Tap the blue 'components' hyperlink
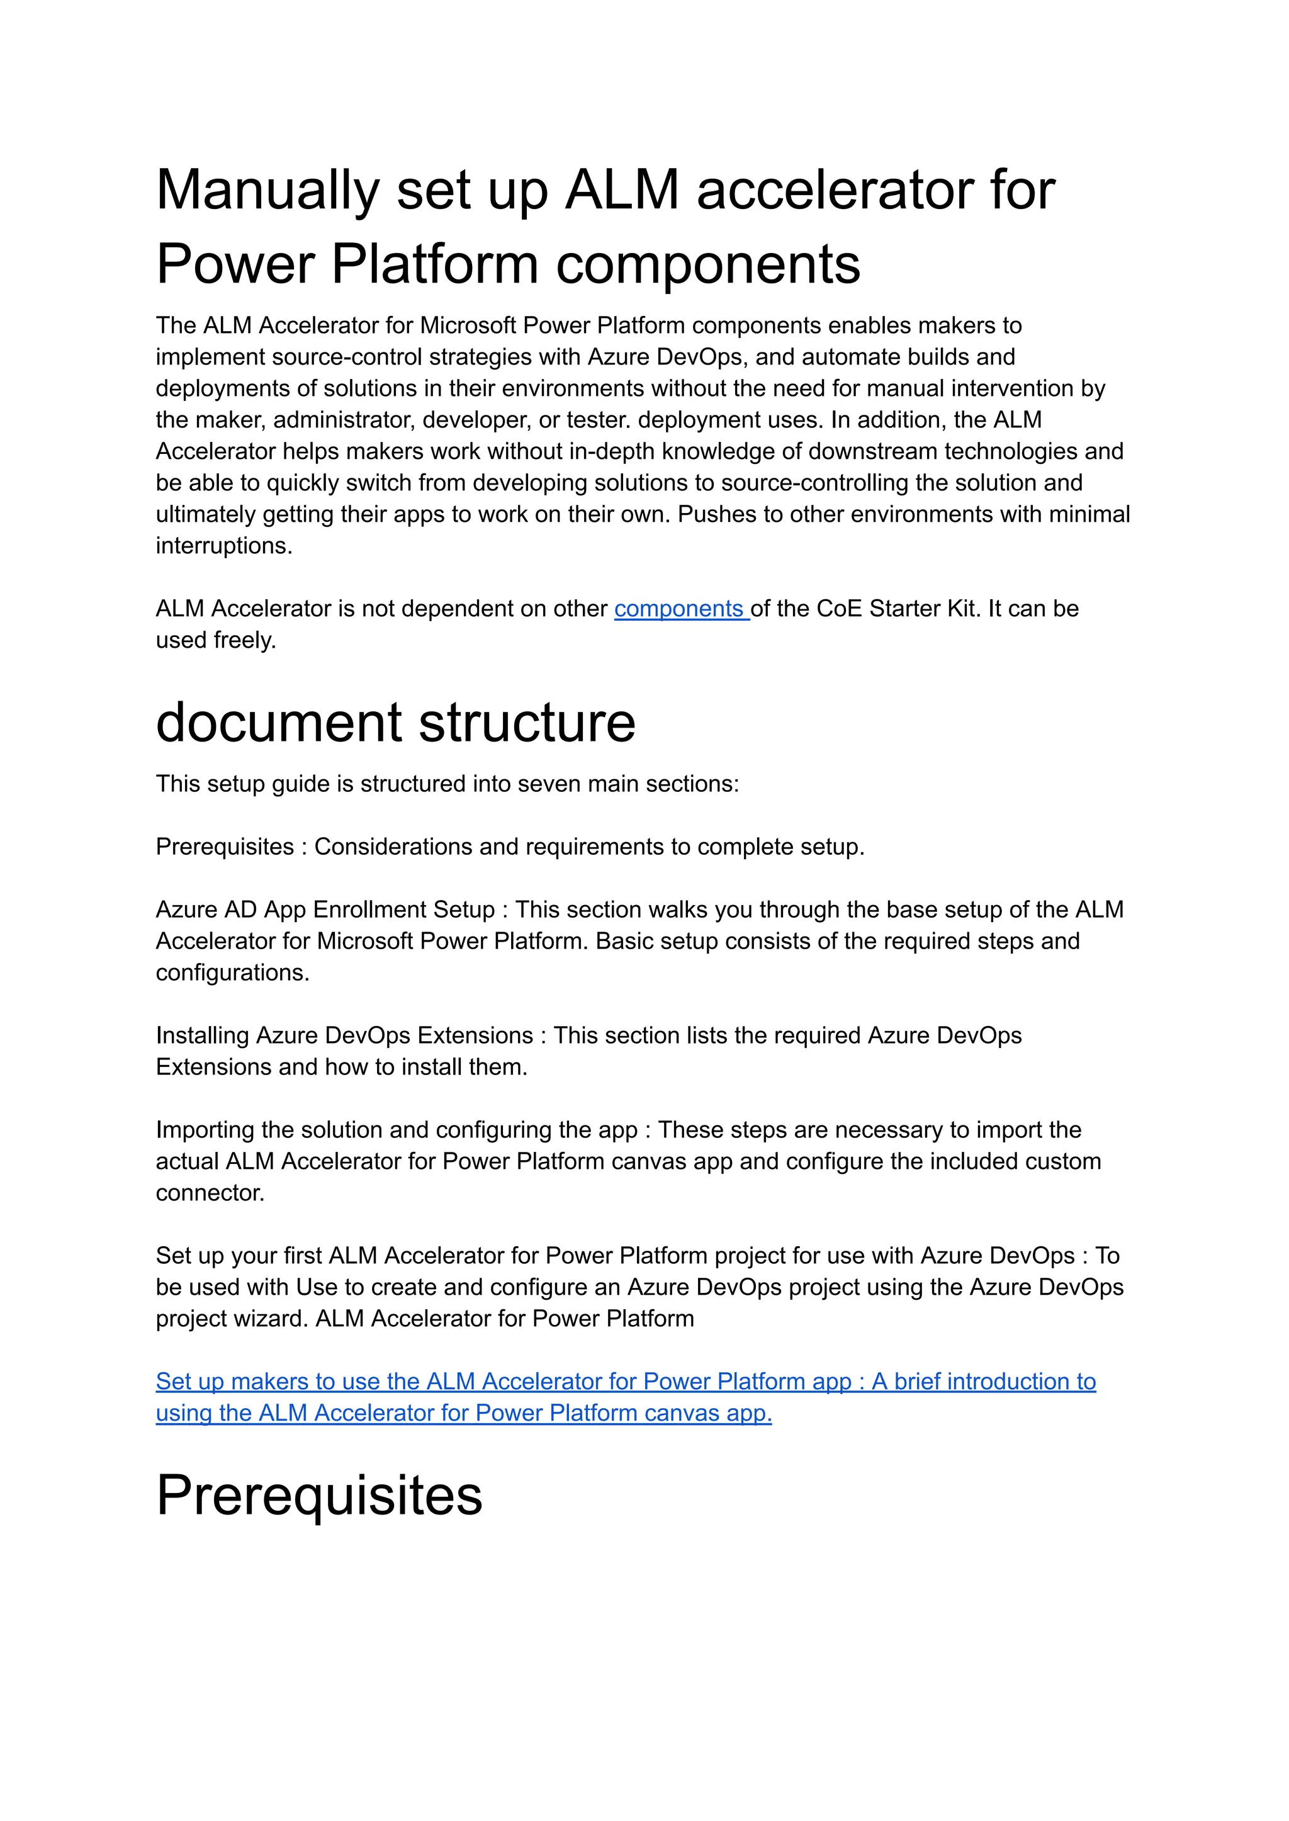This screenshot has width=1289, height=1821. point(680,609)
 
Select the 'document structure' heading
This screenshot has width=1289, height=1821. point(395,723)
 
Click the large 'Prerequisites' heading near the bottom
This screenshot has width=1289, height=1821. point(319,1496)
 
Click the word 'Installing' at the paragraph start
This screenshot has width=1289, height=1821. point(203,1036)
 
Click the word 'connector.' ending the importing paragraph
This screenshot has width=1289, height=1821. point(210,1193)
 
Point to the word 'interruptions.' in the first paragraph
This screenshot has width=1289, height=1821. point(224,546)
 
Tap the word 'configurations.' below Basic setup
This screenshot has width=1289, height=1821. point(232,973)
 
